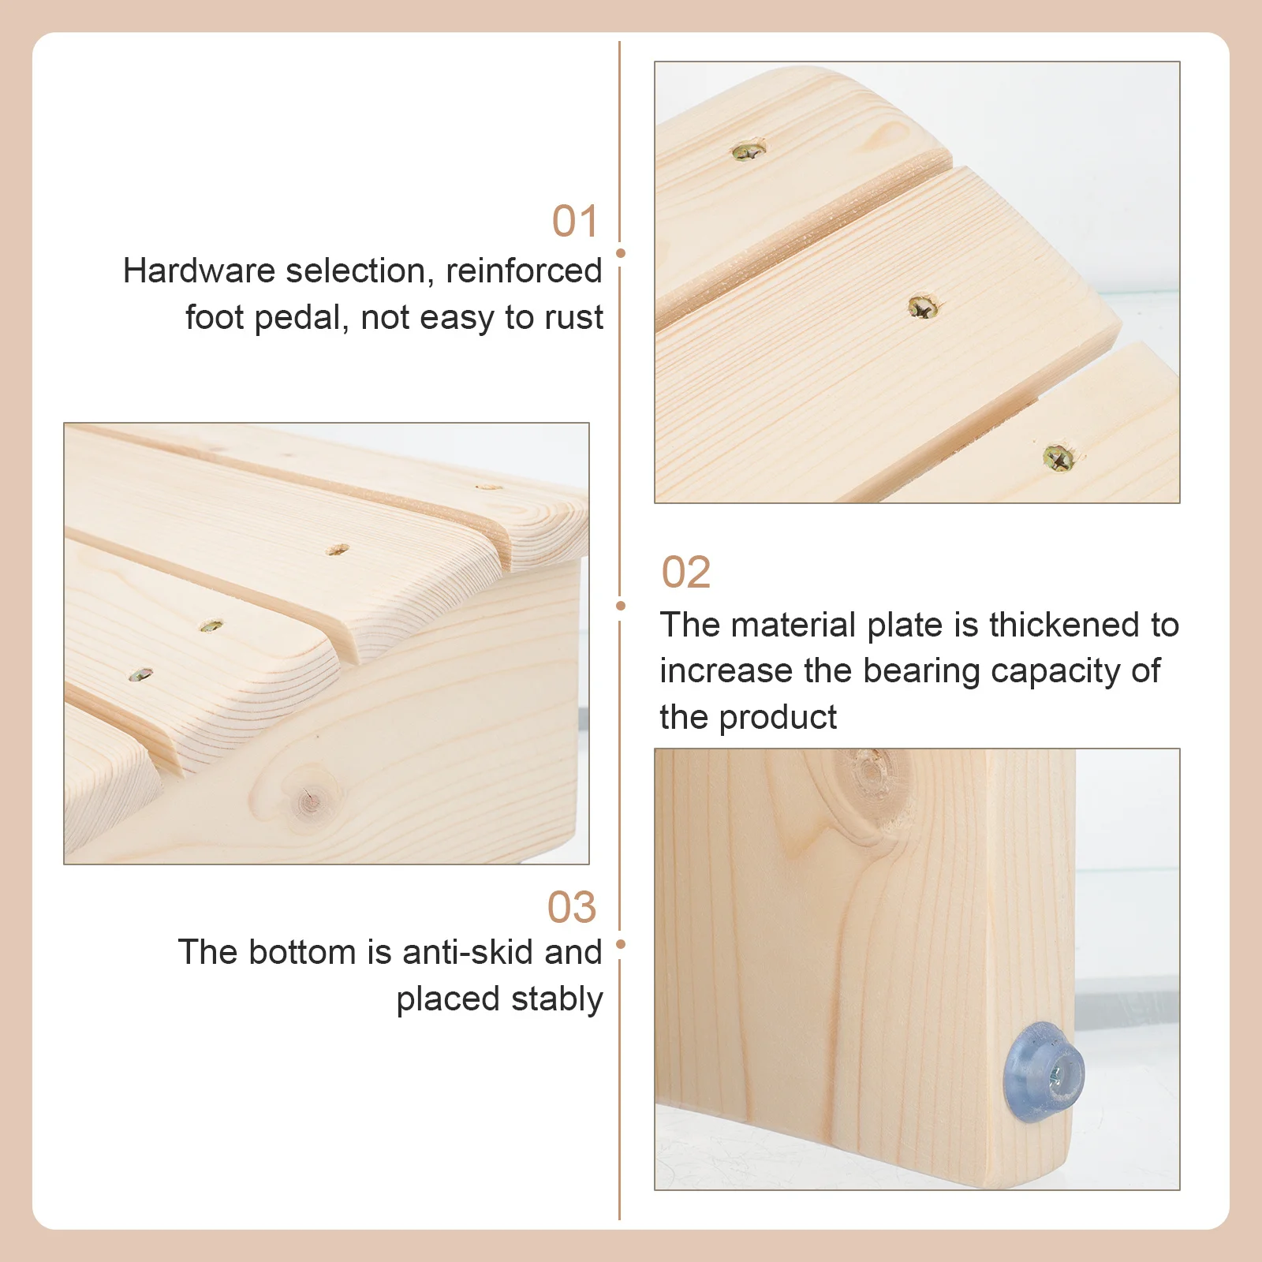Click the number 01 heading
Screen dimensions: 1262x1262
click(x=575, y=222)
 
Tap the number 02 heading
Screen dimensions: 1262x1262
click(x=685, y=573)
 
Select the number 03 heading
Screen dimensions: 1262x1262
click(x=572, y=908)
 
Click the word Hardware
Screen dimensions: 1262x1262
click(x=198, y=271)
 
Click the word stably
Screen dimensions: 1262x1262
click(x=557, y=999)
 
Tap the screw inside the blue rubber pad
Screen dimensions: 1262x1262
click(x=1056, y=1073)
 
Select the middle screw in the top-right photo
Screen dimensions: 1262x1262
click(x=921, y=307)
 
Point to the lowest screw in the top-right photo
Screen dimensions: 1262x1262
click(x=1058, y=457)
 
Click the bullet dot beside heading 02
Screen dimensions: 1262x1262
click(x=621, y=606)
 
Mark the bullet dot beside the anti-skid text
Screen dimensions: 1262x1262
click(x=621, y=944)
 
